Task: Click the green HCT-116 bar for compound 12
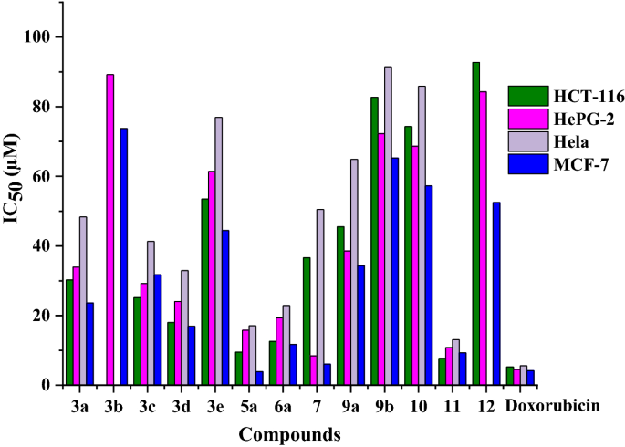pos(476,223)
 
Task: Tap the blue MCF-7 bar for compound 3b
pos(124,256)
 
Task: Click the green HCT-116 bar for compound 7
pos(307,321)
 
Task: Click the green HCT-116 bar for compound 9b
pos(374,241)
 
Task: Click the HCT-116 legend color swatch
pos(528,96)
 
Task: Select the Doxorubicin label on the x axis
pos(552,406)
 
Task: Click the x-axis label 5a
pos(245,406)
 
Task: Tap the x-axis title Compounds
pos(290,434)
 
